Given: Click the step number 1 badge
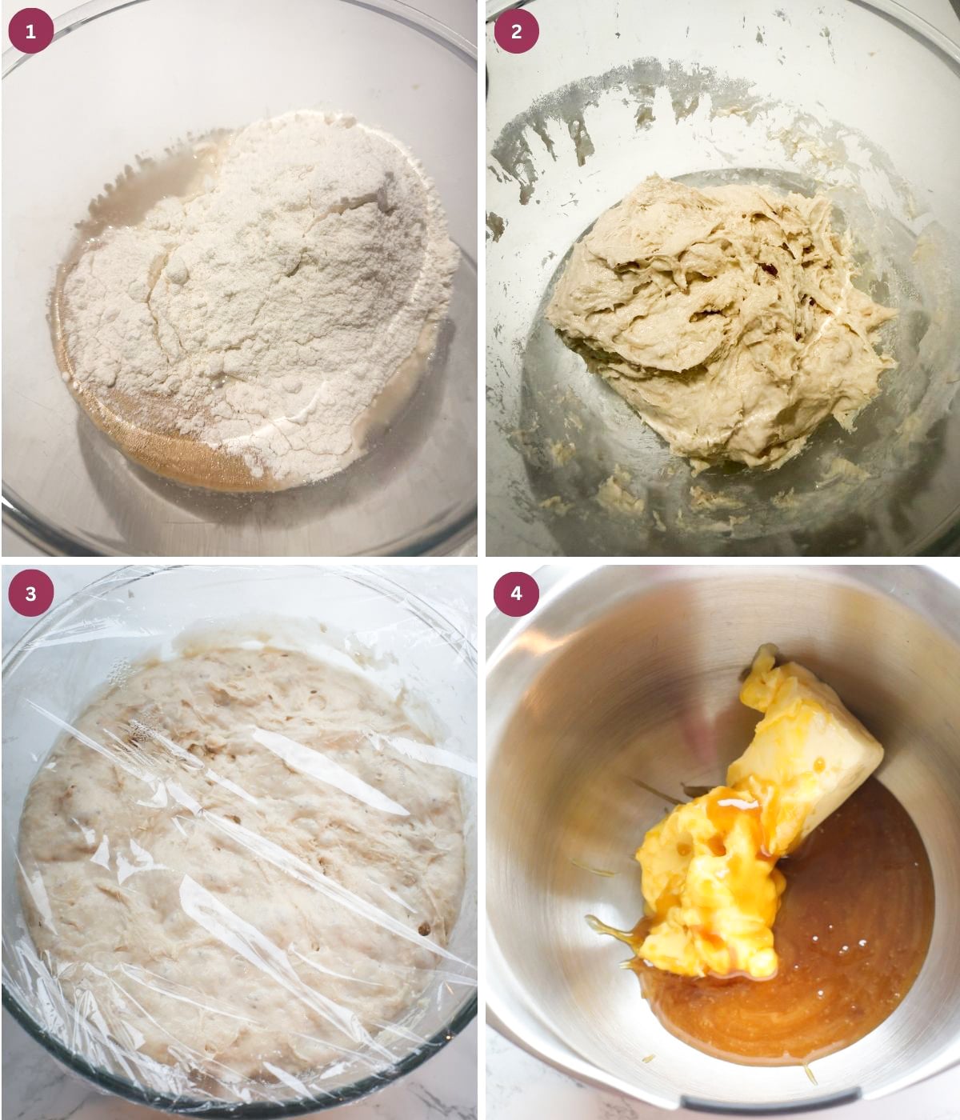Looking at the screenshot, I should coord(30,31).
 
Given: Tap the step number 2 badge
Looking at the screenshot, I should coord(516,31).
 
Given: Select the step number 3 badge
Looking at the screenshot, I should coord(30,593).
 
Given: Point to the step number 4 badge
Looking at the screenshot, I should coord(516,593).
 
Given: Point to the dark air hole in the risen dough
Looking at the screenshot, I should coord(422,929).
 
